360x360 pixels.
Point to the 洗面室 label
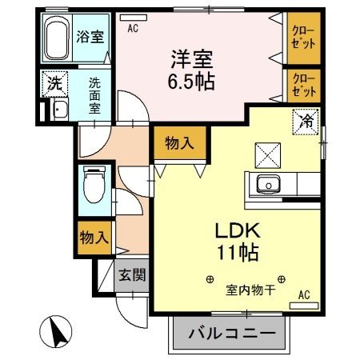(94, 94)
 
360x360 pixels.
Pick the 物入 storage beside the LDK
(178, 143)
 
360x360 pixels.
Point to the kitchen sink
(266, 186)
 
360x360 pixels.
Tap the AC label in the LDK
(303, 294)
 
